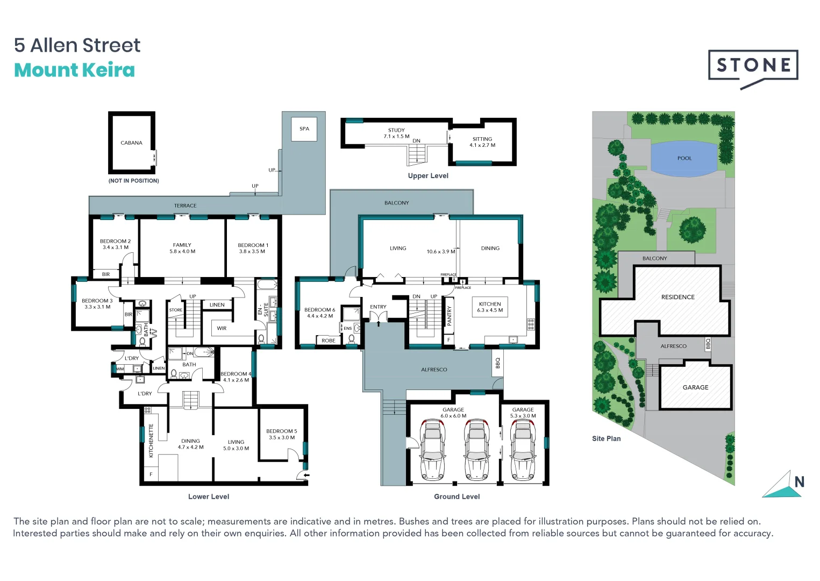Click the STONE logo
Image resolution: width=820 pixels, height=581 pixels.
[753, 66]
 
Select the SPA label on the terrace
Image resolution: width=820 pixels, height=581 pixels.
[304, 129]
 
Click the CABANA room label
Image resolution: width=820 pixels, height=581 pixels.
[131, 143]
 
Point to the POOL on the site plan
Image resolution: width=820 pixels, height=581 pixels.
[684, 158]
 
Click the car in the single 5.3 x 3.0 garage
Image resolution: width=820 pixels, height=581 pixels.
[523, 449]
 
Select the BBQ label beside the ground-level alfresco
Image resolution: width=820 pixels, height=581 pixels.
[497, 363]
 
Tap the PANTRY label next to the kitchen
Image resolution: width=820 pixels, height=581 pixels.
[450, 316]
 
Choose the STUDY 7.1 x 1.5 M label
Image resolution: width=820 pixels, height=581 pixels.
[396, 133]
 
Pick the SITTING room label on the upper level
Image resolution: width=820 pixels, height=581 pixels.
[482, 142]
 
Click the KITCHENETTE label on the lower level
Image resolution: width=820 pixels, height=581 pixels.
[151, 441]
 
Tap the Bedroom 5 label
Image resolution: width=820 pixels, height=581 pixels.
[281, 434]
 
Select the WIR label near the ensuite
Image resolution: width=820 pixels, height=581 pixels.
[222, 328]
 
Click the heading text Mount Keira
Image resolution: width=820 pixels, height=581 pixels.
[74, 70]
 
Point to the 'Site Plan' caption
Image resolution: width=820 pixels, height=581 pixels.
[606, 439]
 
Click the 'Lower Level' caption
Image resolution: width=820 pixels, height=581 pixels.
[209, 497]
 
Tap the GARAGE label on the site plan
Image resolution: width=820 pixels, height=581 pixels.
[695, 387]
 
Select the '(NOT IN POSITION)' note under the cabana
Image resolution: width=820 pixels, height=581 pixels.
[134, 181]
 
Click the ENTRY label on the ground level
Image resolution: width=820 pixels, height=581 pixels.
[378, 307]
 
